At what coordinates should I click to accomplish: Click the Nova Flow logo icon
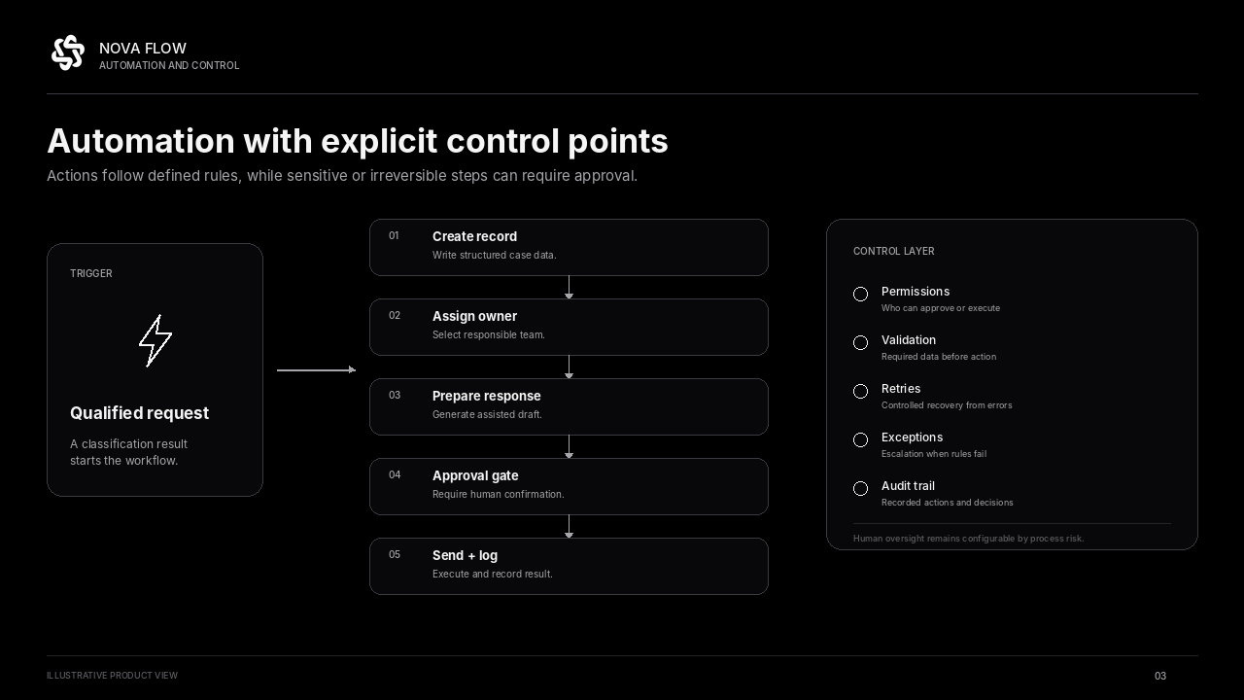68,52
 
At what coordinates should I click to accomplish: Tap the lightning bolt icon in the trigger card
155,340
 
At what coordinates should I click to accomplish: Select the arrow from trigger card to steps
317,369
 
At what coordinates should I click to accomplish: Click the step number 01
394,235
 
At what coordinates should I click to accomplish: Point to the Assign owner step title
474,316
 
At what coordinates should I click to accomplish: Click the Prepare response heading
487,396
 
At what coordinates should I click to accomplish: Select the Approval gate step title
475,475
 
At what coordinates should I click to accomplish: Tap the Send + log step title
465,555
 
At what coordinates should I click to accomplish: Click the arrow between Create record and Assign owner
569,287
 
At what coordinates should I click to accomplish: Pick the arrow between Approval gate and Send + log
569,526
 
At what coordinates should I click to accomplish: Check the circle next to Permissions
860,294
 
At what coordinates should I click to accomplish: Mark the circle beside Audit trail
860,488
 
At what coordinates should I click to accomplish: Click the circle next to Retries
860,391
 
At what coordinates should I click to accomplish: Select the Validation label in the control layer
909,340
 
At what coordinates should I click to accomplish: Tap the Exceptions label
912,437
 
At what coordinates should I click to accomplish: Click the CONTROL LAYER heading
893,251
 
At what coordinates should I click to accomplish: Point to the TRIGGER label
91,273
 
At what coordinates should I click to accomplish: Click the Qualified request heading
139,413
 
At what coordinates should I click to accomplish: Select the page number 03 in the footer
1160,676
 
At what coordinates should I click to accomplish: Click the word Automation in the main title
141,141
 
